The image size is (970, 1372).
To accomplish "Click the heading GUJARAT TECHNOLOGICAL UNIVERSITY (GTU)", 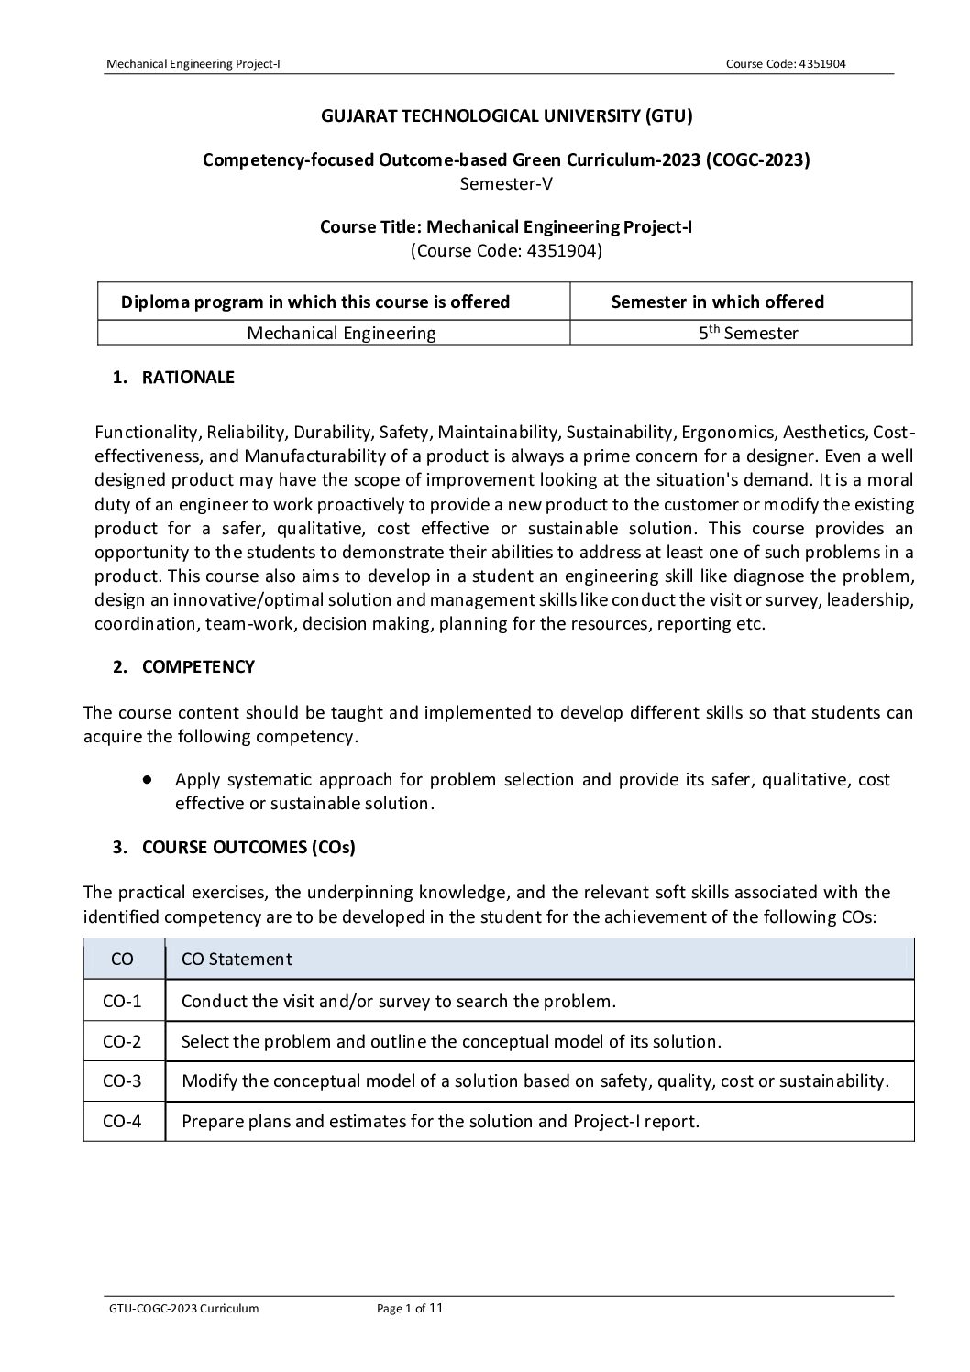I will [x=505, y=115].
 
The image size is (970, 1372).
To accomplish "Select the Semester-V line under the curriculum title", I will [x=505, y=182].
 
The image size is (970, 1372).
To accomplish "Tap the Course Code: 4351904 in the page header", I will [x=785, y=63].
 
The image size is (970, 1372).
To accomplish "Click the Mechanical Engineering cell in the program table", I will [x=341, y=333].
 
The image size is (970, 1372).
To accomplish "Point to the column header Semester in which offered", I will [x=717, y=302].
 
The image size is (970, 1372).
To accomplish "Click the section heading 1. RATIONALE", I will [x=173, y=378].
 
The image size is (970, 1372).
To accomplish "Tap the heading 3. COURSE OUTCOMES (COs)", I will [x=234, y=847].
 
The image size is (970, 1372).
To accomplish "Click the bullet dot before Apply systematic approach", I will [x=147, y=780].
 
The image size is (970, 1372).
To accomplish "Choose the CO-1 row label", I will [x=122, y=1001].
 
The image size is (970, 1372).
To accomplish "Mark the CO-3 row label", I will [x=122, y=1081].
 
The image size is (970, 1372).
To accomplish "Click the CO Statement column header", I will [x=237, y=959].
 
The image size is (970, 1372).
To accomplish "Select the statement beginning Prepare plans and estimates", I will [x=440, y=1121].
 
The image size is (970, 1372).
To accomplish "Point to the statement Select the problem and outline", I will [x=451, y=1041].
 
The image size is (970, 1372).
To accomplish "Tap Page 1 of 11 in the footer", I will [x=410, y=1308].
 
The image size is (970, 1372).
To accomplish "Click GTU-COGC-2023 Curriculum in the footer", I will [x=183, y=1308].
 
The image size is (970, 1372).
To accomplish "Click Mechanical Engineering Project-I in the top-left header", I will [x=193, y=63].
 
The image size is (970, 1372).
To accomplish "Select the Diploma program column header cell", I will [x=315, y=302].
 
